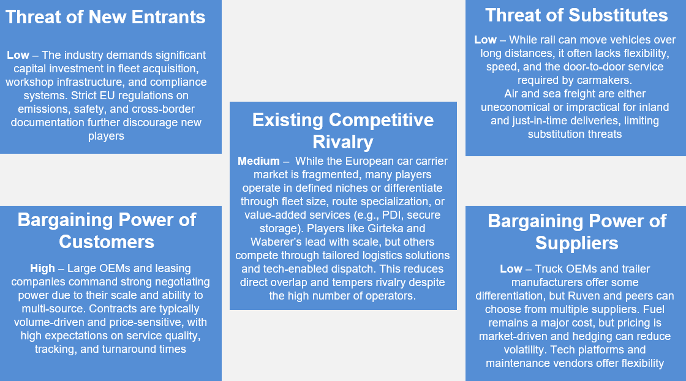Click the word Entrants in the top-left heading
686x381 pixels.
click(168, 17)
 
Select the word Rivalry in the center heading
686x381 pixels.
click(343, 141)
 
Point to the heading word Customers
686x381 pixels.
click(107, 242)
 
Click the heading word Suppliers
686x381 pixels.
click(576, 243)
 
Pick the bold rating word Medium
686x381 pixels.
click(258, 161)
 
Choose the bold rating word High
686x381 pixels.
click(42, 268)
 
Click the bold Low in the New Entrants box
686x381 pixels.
click(18, 55)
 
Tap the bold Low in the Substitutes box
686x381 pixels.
click(485, 40)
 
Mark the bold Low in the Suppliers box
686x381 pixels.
click(511, 269)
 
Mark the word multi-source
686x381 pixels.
click(53, 309)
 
